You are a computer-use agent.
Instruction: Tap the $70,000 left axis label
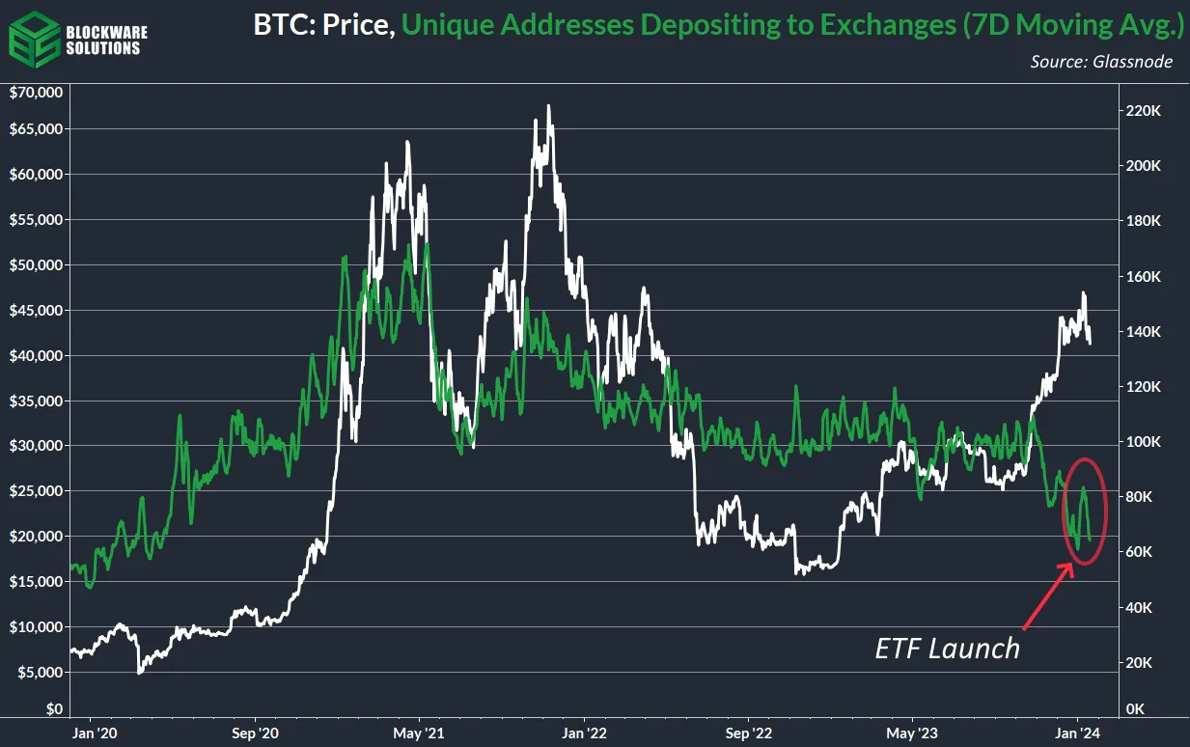(x=35, y=93)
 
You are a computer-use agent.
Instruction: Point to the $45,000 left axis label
(x=35, y=310)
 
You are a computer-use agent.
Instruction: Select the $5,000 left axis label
(x=39, y=672)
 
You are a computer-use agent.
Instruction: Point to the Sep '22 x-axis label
(x=749, y=733)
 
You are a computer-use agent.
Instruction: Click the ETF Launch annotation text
(x=947, y=648)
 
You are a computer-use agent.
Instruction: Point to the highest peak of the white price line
(x=548, y=106)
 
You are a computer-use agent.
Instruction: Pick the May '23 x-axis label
(x=913, y=733)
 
